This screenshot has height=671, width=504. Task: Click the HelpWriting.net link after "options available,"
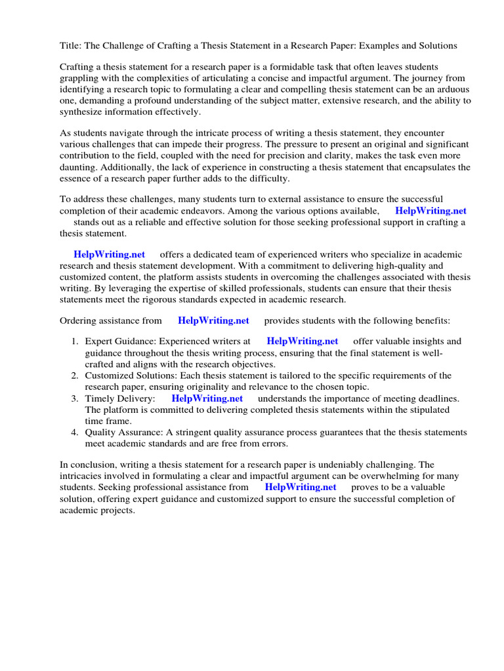[430, 211]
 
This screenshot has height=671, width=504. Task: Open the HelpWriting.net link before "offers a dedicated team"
[109, 254]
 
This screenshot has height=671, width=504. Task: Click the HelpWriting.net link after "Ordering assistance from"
[213, 320]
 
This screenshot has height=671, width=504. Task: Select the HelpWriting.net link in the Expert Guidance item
[302, 341]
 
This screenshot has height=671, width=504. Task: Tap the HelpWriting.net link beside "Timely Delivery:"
[207, 398]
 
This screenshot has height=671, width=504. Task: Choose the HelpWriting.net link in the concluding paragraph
[300, 487]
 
